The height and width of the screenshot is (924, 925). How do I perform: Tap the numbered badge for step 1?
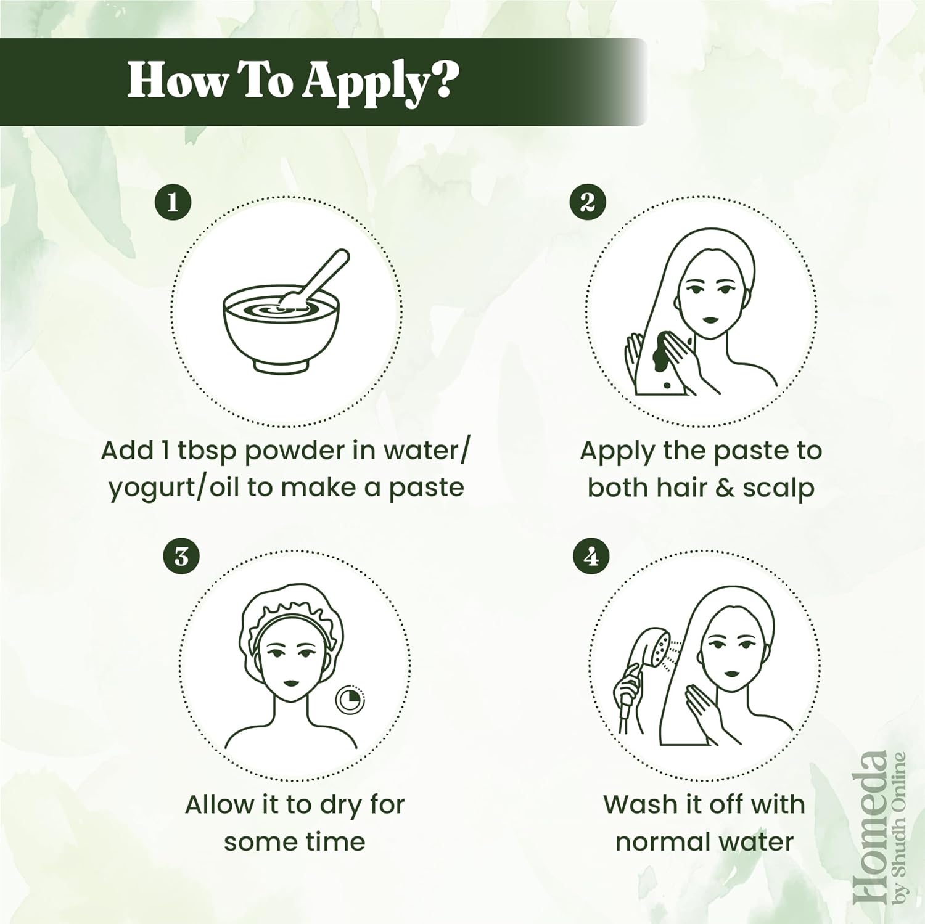(172, 202)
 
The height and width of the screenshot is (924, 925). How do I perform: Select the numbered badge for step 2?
(587, 202)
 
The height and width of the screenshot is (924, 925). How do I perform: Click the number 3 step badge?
(181, 557)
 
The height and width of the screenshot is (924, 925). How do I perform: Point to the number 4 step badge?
(591, 557)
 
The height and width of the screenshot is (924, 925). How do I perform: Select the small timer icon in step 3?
(350, 700)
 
